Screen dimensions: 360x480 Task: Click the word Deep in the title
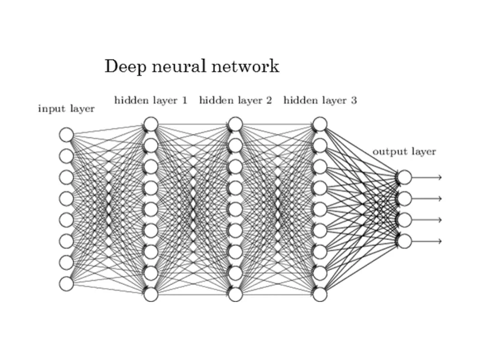click(122, 67)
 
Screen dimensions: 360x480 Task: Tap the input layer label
click(66, 109)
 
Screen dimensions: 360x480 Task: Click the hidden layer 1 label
click(151, 100)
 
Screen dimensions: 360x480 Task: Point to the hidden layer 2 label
click(235, 100)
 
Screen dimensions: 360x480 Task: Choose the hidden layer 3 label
click(320, 100)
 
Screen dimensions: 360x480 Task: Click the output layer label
click(404, 151)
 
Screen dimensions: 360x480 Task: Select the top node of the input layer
click(66, 134)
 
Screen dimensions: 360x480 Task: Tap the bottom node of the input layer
click(66, 283)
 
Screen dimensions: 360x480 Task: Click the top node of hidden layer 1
click(151, 124)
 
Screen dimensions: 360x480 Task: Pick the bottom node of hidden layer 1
click(151, 294)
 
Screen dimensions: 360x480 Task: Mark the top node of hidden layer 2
click(235, 124)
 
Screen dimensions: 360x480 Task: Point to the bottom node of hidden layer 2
click(235, 294)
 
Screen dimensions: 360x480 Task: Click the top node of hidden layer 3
click(320, 124)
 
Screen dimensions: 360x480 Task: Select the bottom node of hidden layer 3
click(320, 294)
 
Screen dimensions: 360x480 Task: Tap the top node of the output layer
click(404, 177)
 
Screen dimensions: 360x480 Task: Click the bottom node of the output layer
click(404, 241)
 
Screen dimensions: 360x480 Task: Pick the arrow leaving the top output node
click(427, 177)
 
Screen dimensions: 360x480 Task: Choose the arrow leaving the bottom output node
click(427, 241)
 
